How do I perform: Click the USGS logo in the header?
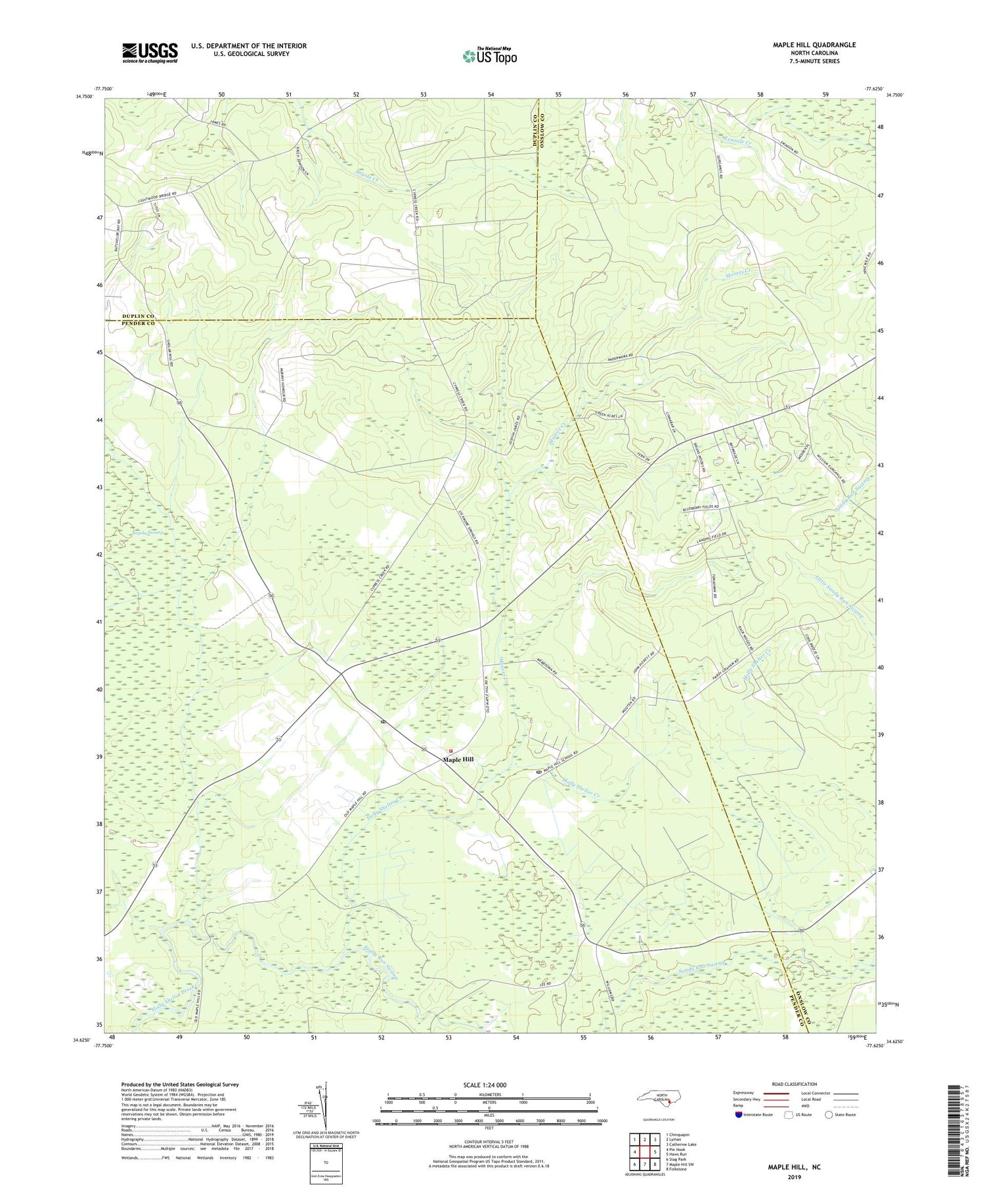pyautogui.click(x=150, y=53)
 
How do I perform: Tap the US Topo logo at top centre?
pyautogui.click(x=489, y=56)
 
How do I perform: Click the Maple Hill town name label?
pyautogui.click(x=458, y=759)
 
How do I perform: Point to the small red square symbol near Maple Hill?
pyautogui.click(x=450, y=751)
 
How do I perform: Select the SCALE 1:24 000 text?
pyautogui.click(x=485, y=1085)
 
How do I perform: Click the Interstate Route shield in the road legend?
pyautogui.click(x=738, y=1115)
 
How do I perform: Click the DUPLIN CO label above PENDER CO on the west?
pyautogui.click(x=138, y=316)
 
